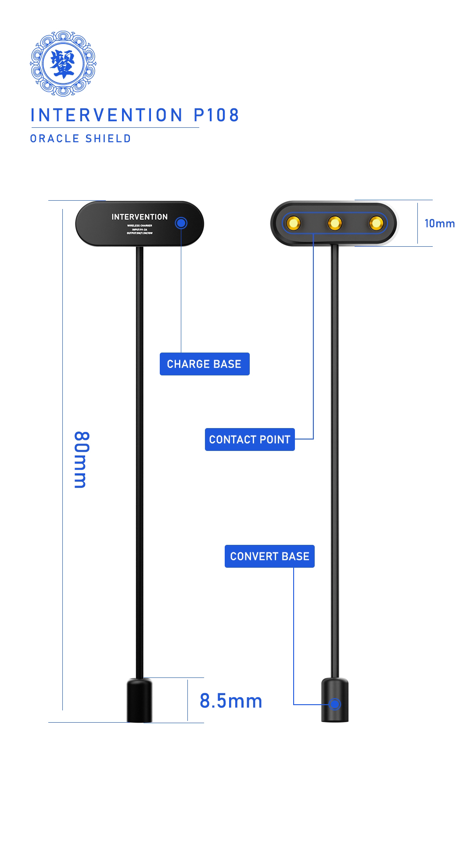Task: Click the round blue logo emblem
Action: click(63, 64)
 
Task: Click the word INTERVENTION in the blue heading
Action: click(106, 115)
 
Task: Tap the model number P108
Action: click(216, 115)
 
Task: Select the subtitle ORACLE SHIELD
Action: click(81, 139)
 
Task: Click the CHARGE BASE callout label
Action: click(205, 364)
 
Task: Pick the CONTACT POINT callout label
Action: click(250, 440)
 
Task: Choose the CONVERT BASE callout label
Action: click(269, 556)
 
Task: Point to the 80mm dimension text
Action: click(82, 460)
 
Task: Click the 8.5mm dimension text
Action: click(231, 701)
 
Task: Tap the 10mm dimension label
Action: click(439, 223)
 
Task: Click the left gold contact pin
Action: click(293, 223)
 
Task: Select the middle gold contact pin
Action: click(335, 223)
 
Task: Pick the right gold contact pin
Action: click(376, 223)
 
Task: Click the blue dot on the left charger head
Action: click(181, 223)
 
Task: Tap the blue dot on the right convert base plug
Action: click(335, 704)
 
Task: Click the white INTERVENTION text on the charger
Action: click(140, 217)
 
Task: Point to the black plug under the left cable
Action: click(140, 700)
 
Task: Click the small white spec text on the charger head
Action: click(140, 229)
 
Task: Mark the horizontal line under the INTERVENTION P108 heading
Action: click(114, 128)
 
